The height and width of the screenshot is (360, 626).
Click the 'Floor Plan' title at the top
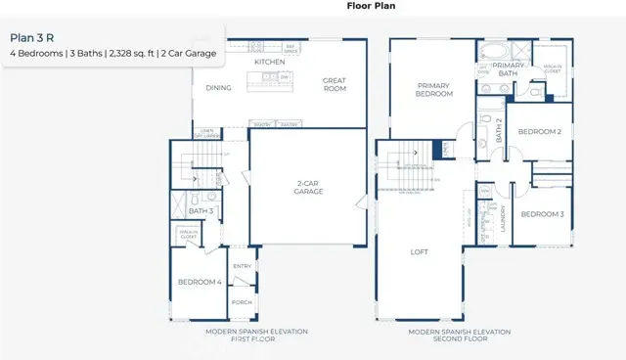371,6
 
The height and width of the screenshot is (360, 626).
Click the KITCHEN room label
269,62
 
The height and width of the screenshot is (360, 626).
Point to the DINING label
218,87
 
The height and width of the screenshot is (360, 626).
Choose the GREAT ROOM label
335,87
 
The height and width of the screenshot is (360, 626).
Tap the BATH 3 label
201,211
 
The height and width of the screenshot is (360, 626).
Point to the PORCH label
242,302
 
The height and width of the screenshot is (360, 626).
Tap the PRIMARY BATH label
507,69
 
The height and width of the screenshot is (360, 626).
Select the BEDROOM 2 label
540,131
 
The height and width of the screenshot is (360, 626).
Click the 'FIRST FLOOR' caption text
256,338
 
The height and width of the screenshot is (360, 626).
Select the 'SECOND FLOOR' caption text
461,338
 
